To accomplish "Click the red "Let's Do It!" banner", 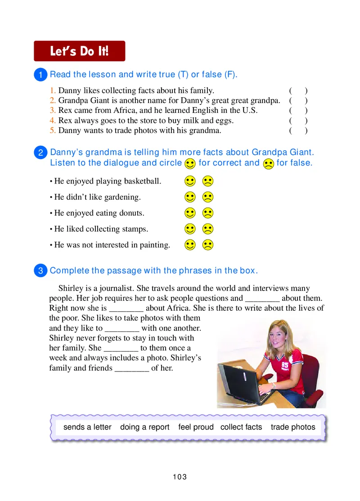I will pos(80,51).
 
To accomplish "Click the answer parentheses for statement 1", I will pos(298,91).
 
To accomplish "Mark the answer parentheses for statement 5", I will pos(298,131).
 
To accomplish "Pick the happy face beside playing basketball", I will pos(190,181).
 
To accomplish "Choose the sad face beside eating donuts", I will pos(207,213).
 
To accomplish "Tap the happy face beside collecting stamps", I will pos(190,229).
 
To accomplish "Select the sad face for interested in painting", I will pos(207,246).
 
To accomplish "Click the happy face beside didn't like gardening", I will pos(190,197).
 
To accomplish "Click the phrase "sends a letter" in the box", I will pos(87,427).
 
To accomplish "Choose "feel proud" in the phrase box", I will pos(196,427).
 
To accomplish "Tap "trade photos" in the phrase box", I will pos(293,427).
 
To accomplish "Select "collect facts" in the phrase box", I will pos(241,427).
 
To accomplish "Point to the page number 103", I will pos(180,477).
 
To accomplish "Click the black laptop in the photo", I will pos(241,382).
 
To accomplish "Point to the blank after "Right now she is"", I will pos(126,309).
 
